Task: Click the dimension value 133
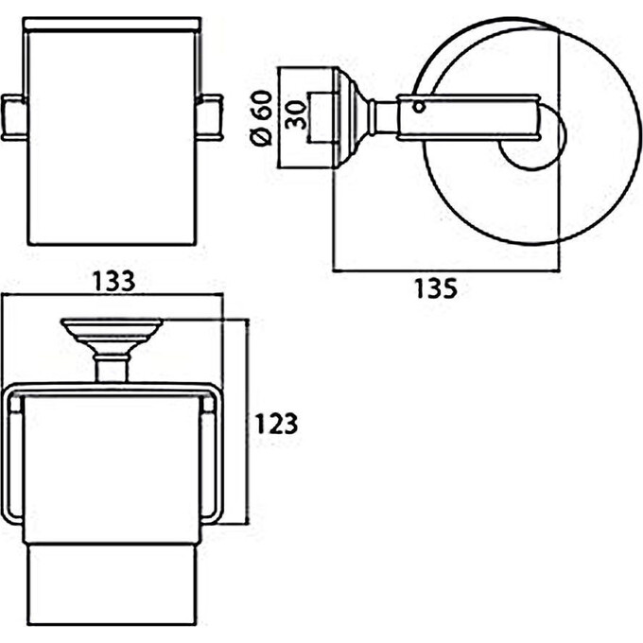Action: click(113, 281)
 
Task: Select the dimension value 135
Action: click(436, 287)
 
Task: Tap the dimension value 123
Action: click(276, 424)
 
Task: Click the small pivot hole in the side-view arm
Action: click(419, 108)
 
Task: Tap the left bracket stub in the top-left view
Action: click(14, 117)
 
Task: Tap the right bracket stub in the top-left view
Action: click(210, 117)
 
